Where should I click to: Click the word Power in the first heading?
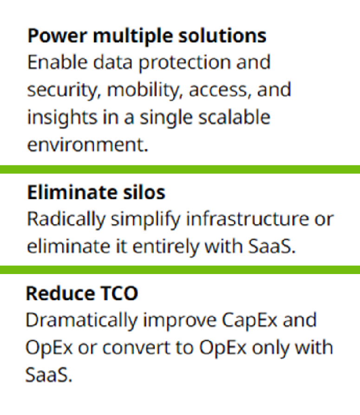57,36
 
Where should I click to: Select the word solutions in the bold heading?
222,35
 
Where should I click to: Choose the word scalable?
234,117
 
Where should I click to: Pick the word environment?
88,145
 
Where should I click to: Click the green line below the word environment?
180,169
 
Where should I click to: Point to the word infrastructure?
248,219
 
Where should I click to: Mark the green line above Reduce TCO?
180,270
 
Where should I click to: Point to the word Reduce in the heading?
60,293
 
